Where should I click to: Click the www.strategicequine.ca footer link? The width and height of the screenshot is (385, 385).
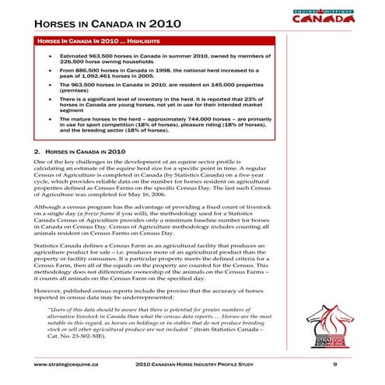pyautogui.click(x=65, y=363)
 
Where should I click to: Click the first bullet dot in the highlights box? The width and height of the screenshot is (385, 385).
pyautogui.click(x=51, y=57)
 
